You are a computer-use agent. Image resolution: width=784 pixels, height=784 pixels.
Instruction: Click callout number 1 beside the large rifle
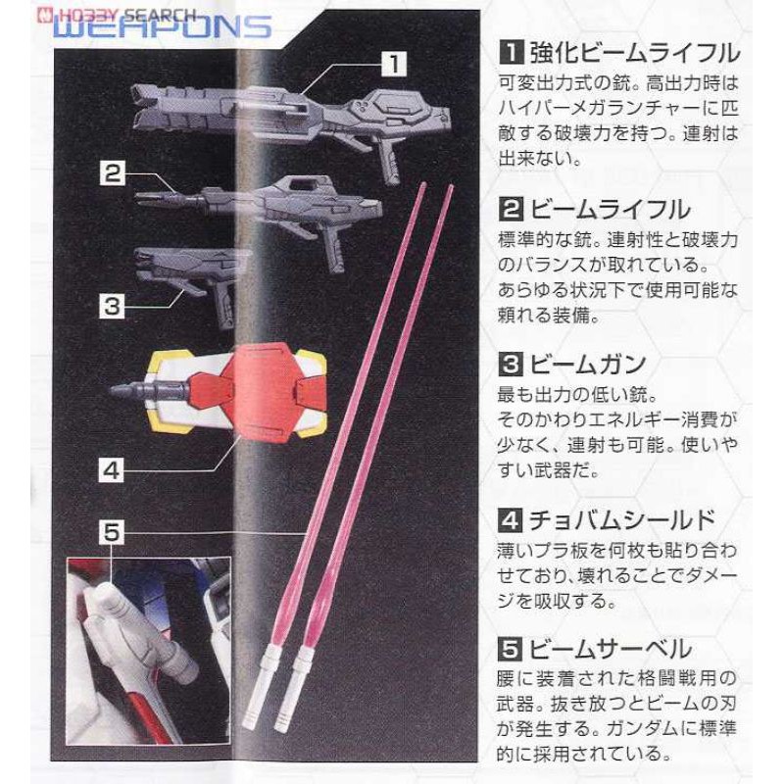[x=392, y=65]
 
